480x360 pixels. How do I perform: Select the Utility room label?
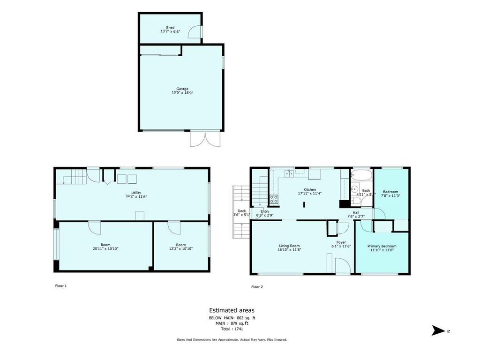pyautogui.click(x=136, y=193)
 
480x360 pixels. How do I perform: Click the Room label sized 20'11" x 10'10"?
pyautogui.click(x=105, y=245)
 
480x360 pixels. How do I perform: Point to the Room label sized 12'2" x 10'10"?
pyautogui.click(x=181, y=245)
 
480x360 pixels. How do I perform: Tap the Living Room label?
pyautogui.click(x=289, y=246)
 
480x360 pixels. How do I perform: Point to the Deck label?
pyautogui.click(x=241, y=211)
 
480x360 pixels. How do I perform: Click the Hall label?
pyautogui.click(x=356, y=212)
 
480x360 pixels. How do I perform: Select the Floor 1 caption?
pyautogui.click(x=61, y=285)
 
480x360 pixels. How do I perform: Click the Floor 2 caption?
pyautogui.click(x=257, y=286)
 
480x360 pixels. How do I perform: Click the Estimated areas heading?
pyautogui.click(x=232, y=310)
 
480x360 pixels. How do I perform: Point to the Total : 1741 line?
pyautogui.click(x=232, y=329)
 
